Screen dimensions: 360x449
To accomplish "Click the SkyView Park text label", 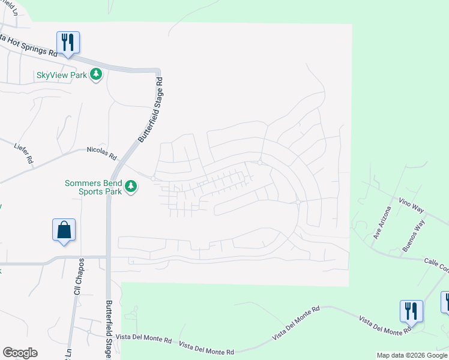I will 62,75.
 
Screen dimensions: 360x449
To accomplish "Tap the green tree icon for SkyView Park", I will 95,74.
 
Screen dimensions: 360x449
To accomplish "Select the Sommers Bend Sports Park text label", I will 94,187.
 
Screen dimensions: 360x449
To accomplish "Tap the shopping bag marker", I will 64,230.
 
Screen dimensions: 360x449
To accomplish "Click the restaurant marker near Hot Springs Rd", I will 68,43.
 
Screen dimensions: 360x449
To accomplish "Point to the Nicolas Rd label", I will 101,153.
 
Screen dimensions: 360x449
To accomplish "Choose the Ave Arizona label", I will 382,223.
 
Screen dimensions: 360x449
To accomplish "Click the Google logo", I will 20,353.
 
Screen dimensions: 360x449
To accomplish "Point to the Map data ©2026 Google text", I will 412,355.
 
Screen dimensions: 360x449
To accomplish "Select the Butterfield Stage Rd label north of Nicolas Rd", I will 151,109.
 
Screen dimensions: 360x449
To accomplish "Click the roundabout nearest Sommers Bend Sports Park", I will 154,178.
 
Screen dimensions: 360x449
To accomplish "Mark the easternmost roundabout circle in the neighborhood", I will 298,202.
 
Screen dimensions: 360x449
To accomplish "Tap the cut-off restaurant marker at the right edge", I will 445,302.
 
